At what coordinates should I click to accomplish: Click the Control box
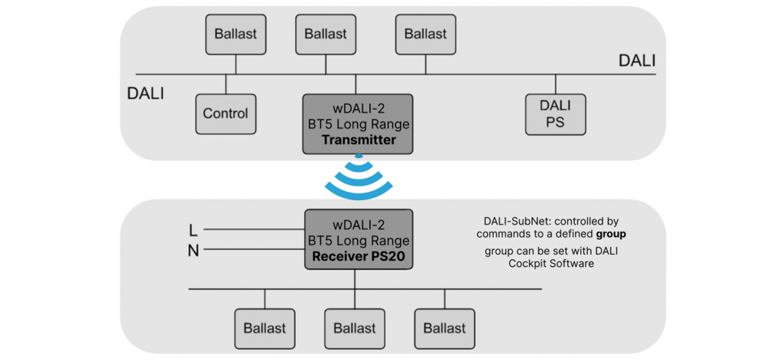[x=226, y=114]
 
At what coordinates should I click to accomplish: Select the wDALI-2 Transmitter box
[x=358, y=124]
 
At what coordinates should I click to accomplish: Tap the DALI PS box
[x=555, y=114]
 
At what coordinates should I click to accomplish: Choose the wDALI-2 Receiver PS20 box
[x=359, y=240]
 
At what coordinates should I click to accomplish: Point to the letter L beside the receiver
[x=193, y=230]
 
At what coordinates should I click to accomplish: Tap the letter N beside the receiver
[x=193, y=251]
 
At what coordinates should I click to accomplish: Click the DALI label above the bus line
[x=637, y=61]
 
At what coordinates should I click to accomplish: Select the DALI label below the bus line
[x=145, y=94]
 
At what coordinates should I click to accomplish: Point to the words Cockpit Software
[x=551, y=264]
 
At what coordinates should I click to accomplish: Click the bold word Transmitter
[x=359, y=140]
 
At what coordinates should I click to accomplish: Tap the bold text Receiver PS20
[x=359, y=258]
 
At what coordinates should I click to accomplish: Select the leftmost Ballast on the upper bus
[x=236, y=34]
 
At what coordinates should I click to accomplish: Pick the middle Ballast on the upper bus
[x=326, y=34]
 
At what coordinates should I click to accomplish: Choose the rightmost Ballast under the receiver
[x=444, y=329]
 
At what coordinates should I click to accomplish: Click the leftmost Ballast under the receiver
[x=265, y=329]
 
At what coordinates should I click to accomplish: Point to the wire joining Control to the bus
[x=226, y=84]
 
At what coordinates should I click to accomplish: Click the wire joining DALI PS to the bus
[x=555, y=84]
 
